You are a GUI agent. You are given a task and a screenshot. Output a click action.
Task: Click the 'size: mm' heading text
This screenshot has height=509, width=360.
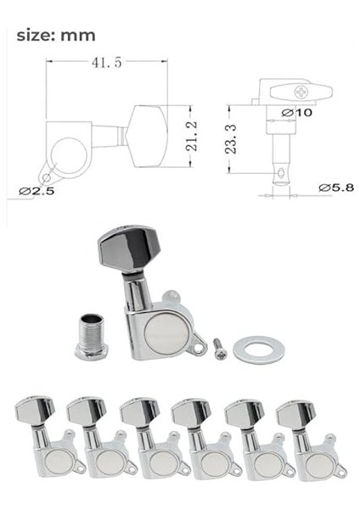[56, 36]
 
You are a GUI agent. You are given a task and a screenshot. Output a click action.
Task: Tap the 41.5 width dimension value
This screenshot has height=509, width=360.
[107, 62]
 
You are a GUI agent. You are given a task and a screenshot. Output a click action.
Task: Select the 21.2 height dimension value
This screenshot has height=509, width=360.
[192, 136]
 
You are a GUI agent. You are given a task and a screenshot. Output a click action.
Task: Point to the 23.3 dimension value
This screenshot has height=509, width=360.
[231, 139]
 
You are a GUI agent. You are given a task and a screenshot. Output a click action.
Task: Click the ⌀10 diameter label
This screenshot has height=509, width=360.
[296, 113]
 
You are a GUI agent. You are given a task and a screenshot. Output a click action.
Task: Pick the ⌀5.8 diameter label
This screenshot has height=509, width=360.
[336, 187]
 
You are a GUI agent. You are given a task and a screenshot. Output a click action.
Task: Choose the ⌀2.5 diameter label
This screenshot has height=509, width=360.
[37, 191]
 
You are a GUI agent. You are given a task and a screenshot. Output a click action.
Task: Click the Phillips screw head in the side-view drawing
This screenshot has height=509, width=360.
[301, 92]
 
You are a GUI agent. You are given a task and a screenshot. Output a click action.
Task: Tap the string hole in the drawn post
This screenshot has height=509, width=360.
[281, 173]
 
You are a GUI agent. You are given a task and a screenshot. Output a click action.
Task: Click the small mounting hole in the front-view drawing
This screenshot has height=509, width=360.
[47, 177]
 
